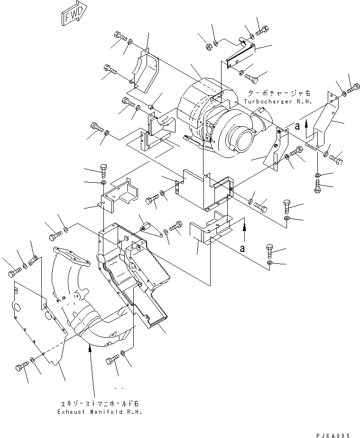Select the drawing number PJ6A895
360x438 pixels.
click(x=332, y=434)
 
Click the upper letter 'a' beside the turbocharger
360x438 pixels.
click(x=297, y=126)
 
